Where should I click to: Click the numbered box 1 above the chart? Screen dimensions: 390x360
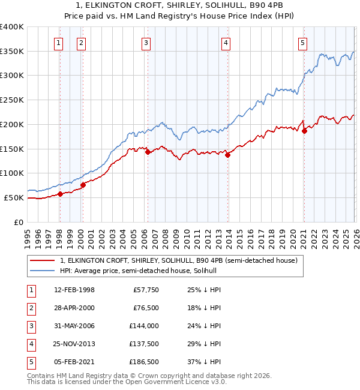click(59, 42)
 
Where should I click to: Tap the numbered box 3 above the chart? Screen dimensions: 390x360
click(146, 42)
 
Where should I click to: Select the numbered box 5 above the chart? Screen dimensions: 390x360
click(302, 42)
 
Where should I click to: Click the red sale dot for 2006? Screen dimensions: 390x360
click(148, 152)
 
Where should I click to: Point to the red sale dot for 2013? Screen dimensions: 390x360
click(227, 155)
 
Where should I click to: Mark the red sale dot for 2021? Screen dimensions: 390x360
click(304, 131)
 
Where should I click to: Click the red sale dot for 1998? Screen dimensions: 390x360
click(60, 194)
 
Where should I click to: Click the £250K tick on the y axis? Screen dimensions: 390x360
click(12, 100)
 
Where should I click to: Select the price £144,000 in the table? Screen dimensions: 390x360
click(143, 326)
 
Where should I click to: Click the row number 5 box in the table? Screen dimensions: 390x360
click(31, 362)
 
